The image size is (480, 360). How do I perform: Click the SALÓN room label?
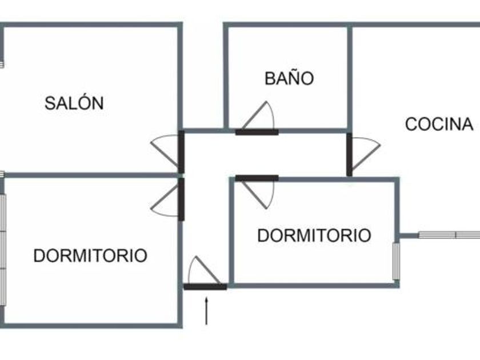[x=74, y=103]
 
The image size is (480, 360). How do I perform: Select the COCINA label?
[x=439, y=124]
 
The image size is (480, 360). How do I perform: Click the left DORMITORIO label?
[x=90, y=255]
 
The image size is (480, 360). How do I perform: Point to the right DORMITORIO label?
[x=314, y=235]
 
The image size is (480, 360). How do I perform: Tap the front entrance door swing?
[x=201, y=271]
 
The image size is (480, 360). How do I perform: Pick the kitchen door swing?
[x=364, y=153]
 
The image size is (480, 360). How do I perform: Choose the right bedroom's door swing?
[x=261, y=194]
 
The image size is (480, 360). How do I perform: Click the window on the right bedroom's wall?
[x=396, y=261]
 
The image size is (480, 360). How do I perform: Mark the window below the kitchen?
[x=449, y=234]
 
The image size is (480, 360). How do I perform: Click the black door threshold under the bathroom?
[x=257, y=132]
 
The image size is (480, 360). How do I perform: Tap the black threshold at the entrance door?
[x=205, y=286]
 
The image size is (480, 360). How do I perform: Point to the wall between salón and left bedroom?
[x=91, y=175]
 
